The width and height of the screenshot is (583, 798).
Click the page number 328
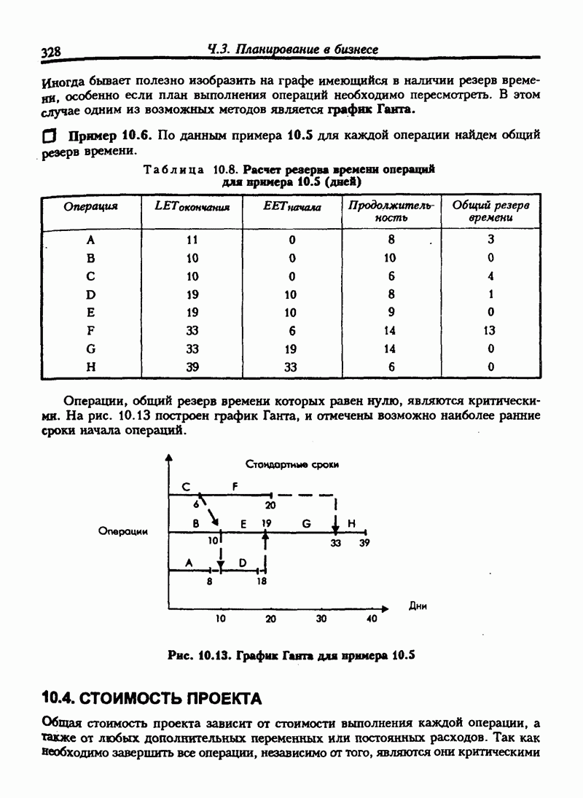(x=50, y=52)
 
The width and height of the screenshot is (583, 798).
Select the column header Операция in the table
(x=90, y=206)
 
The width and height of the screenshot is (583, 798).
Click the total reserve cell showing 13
(x=490, y=330)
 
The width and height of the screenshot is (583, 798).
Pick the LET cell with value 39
(x=192, y=367)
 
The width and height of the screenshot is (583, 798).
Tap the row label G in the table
(x=90, y=349)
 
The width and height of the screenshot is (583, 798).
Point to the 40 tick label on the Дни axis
(x=371, y=619)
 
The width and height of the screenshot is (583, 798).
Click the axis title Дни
(x=417, y=605)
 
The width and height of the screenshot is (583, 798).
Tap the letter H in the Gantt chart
(x=351, y=523)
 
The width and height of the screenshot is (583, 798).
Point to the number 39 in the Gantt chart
(x=364, y=542)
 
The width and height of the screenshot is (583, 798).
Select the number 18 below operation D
(x=262, y=582)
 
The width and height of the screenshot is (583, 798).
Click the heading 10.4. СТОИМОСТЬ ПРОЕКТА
(x=152, y=699)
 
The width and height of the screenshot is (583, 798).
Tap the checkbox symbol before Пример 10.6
(x=50, y=136)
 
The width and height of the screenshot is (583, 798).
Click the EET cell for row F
(x=291, y=330)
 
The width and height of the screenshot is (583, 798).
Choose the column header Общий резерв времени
(x=490, y=211)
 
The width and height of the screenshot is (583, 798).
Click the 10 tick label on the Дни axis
(x=220, y=619)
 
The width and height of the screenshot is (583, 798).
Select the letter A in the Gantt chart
(x=189, y=562)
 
